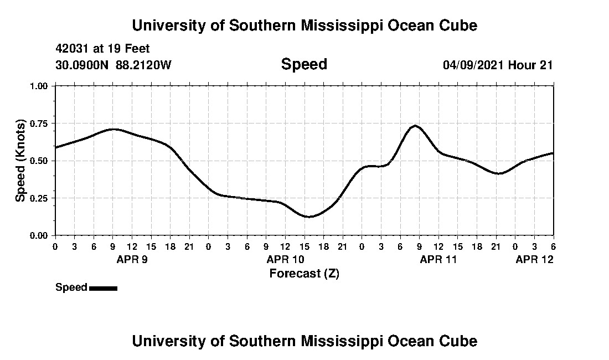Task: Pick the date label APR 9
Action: point(132,259)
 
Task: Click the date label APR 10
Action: point(286,259)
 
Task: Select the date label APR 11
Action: point(438,259)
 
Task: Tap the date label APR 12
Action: point(534,259)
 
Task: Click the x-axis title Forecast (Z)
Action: point(304,274)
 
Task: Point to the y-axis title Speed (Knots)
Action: point(20,160)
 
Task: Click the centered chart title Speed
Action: point(304,64)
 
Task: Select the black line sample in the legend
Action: point(103,288)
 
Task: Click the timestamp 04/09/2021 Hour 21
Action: point(498,65)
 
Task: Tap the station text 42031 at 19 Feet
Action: point(103,49)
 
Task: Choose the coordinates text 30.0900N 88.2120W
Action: point(113,65)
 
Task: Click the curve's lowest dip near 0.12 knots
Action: point(309,217)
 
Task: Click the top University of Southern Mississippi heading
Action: point(304,25)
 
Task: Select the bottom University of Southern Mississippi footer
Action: point(304,341)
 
